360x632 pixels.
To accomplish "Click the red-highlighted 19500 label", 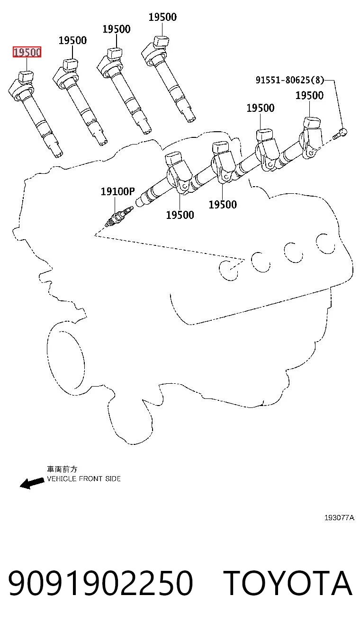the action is pyautogui.click(x=27, y=52).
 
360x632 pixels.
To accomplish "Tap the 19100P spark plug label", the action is pyautogui.click(x=117, y=191).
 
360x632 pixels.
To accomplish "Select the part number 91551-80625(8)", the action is pyautogui.click(x=290, y=80).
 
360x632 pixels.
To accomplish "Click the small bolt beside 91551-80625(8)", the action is pyautogui.click(x=340, y=134).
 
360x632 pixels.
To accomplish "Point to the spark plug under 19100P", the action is pyautogui.click(x=119, y=216).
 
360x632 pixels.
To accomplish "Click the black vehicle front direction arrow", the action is pyautogui.click(x=32, y=483).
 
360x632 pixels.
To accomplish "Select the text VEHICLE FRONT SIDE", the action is pyautogui.click(x=84, y=479).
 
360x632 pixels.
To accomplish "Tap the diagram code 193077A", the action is pyautogui.click(x=339, y=518).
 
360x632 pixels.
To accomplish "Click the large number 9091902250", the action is pyautogui.click(x=101, y=583).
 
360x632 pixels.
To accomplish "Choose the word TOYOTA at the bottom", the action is pyautogui.click(x=288, y=583).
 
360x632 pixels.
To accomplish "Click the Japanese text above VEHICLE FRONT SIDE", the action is pyautogui.click(x=62, y=469).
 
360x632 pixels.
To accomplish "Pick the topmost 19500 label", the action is pyautogui.click(x=163, y=17).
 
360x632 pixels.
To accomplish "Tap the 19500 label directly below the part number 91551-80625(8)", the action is pyautogui.click(x=309, y=95).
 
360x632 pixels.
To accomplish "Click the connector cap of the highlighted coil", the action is pyautogui.click(x=26, y=76).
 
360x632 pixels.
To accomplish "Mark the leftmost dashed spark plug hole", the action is pyautogui.click(x=228, y=270).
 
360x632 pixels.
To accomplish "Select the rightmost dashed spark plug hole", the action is pyautogui.click(x=325, y=244).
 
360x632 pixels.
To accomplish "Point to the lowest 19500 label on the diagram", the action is pyautogui.click(x=180, y=215).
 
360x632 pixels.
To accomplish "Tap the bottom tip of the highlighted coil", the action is pyautogui.click(x=58, y=154).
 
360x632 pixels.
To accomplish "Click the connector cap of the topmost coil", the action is pyautogui.click(x=161, y=41).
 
